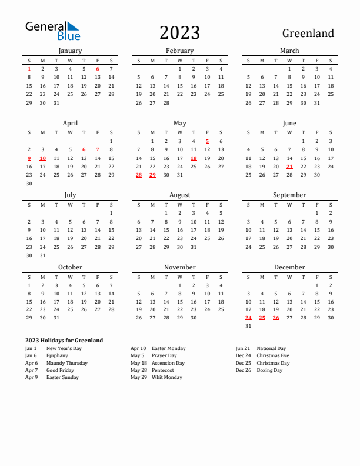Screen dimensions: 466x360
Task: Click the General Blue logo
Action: (x=52, y=31)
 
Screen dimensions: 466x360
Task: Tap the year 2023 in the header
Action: (x=179, y=33)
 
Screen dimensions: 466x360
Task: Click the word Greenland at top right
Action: (x=308, y=34)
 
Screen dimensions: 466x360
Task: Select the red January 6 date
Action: (x=97, y=69)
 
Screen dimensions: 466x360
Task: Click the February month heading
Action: (x=179, y=51)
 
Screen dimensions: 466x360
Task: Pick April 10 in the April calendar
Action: (x=42, y=158)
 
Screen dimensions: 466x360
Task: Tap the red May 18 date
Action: (x=194, y=158)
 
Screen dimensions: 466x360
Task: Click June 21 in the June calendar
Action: (x=289, y=167)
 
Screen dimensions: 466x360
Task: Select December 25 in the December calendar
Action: (x=262, y=318)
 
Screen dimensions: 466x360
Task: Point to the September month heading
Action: (x=289, y=195)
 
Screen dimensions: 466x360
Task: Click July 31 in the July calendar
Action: (x=42, y=255)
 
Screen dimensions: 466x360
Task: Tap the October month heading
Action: (x=70, y=267)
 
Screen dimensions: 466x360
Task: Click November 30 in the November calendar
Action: (x=194, y=318)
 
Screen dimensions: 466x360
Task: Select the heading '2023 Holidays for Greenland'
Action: (x=64, y=341)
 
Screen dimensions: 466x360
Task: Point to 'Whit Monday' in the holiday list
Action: (x=167, y=378)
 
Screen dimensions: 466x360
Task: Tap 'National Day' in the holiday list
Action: (x=271, y=348)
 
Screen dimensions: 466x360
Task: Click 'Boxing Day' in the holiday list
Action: (x=269, y=371)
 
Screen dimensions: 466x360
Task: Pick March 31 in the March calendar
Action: (x=317, y=103)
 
